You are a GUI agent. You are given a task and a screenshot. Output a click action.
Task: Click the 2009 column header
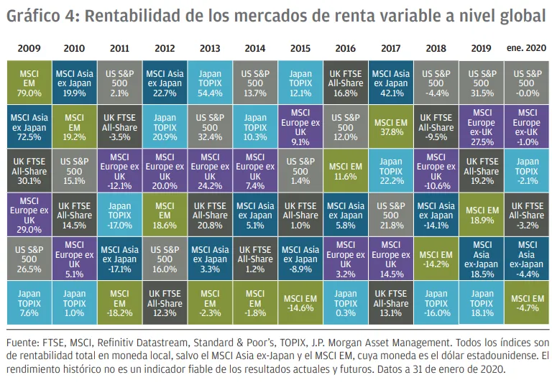(29, 48)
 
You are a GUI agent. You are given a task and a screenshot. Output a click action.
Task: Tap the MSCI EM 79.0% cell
(29, 83)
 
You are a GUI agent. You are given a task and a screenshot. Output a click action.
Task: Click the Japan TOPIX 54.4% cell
(210, 83)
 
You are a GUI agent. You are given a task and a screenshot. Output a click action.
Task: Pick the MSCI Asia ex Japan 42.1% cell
(391, 83)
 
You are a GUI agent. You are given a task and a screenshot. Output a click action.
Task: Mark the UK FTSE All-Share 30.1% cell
(29, 171)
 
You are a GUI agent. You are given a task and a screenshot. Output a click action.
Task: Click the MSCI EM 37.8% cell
(391, 127)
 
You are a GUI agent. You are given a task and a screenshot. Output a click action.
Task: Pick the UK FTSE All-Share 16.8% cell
(346, 83)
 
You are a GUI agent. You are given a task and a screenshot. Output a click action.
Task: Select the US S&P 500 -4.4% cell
(436, 83)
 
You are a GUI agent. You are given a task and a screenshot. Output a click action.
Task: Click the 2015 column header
(300, 48)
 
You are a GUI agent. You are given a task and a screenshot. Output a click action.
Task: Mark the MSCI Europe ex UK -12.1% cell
(119, 171)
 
